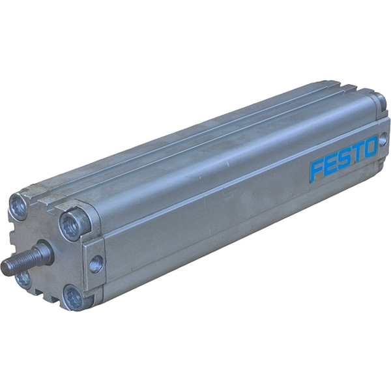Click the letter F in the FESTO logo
[x=318, y=169]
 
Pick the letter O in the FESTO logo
[x=369, y=150]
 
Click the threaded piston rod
[x=23, y=259]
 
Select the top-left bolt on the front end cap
[x=19, y=206]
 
